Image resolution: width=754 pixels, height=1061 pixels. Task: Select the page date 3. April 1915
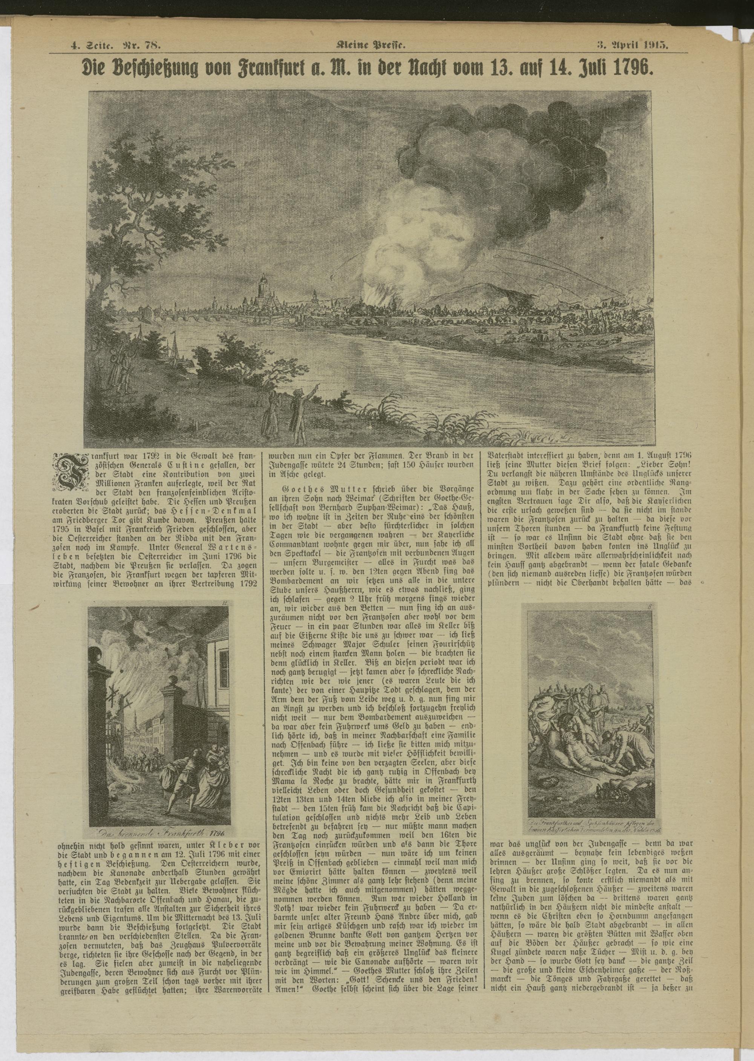click(x=632, y=46)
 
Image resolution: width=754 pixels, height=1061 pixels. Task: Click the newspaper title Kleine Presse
click(x=377, y=46)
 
